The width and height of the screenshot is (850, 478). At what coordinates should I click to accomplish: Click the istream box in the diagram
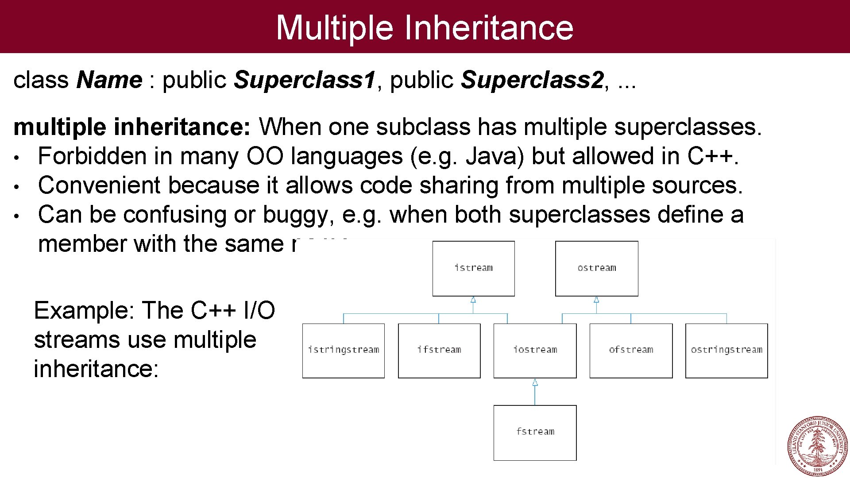point(473,268)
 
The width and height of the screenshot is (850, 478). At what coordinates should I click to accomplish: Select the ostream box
point(596,268)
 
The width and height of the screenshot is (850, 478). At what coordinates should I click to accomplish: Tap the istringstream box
point(344,350)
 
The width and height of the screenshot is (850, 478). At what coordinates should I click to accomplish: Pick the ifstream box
point(439,350)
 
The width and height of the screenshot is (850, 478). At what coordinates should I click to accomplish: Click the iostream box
point(535,350)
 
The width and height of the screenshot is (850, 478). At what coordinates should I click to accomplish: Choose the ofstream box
point(631,350)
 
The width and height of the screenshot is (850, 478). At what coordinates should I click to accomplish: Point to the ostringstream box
point(726,350)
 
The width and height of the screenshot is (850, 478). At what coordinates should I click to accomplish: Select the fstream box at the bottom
point(535,432)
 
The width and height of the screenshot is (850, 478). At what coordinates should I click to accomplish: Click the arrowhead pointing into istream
point(473,300)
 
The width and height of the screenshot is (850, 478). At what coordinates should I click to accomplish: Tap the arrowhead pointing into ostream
point(596,300)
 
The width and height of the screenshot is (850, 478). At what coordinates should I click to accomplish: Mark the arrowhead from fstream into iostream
point(535,382)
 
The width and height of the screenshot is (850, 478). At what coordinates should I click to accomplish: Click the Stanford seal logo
point(817,446)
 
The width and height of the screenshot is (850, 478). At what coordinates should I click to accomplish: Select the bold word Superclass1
point(305,80)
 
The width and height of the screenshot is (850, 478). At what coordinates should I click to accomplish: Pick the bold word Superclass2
point(532,80)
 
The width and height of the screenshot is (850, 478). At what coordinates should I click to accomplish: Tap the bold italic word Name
point(109,80)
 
